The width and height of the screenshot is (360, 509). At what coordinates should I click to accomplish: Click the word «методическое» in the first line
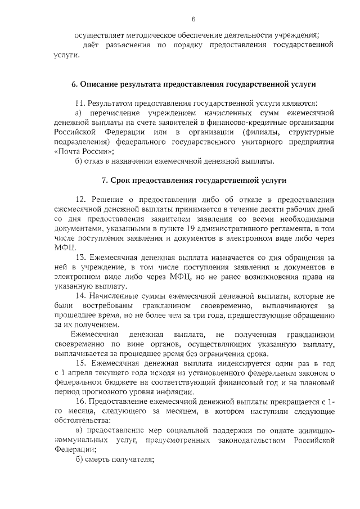pyautogui.click(x=145, y=35)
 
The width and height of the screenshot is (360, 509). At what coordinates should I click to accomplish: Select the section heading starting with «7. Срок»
pyautogui.click(x=193, y=181)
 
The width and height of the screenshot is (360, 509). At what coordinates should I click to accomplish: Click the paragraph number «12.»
pyautogui.click(x=81, y=200)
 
